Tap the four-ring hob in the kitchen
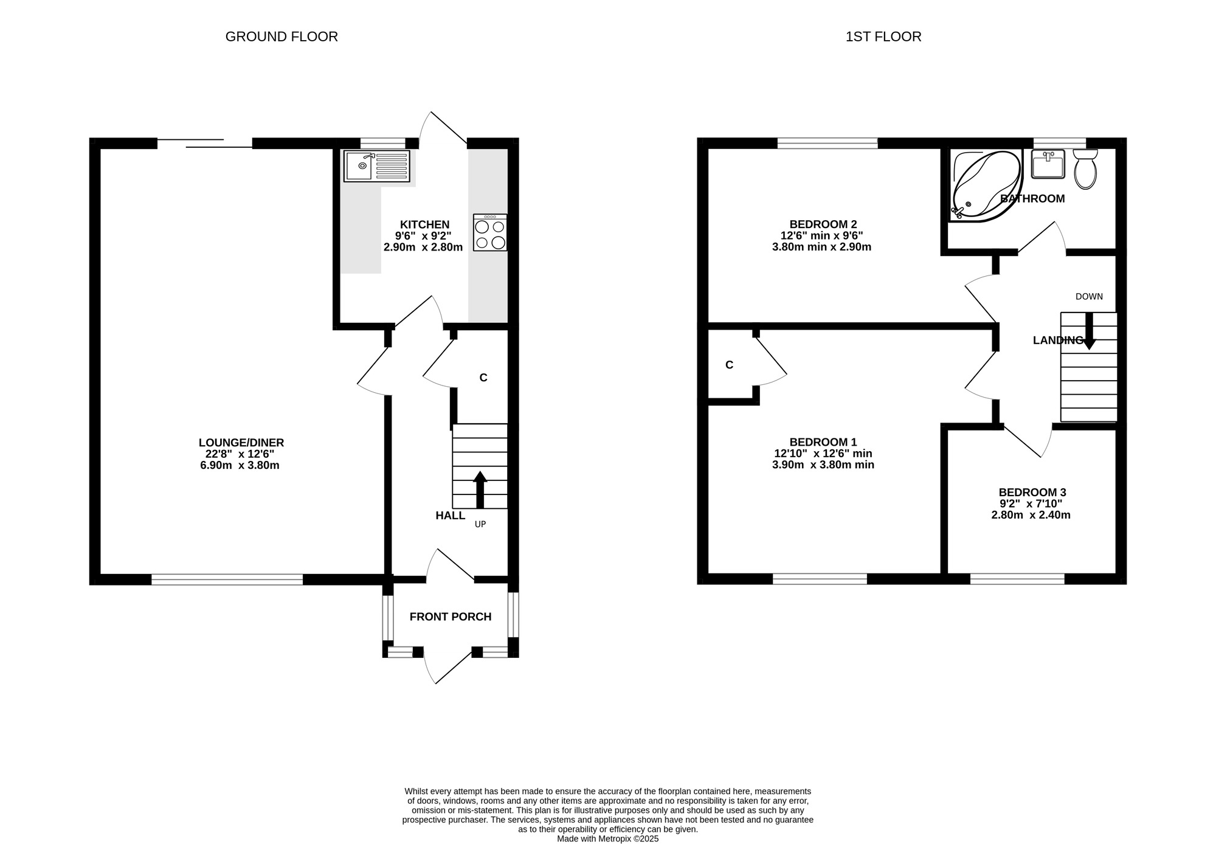[490, 232]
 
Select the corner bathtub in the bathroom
[986, 185]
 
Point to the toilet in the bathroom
[1085, 170]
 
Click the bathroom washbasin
[1048, 164]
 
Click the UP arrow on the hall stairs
[480, 489]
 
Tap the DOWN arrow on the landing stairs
[1089, 331]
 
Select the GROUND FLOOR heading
[282, 36]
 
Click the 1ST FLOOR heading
[883, 36]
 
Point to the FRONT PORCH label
[451, 617]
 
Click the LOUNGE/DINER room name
[241, 443]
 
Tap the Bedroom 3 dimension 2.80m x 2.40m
[1031, 515]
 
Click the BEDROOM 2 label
[823, 224]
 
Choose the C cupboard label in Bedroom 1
[730, 365]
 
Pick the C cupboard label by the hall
[483, 378]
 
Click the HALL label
[451, 516]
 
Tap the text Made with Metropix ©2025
[608, 839]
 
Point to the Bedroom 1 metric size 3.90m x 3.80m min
[823, 465]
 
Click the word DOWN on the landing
[1089, 297]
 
